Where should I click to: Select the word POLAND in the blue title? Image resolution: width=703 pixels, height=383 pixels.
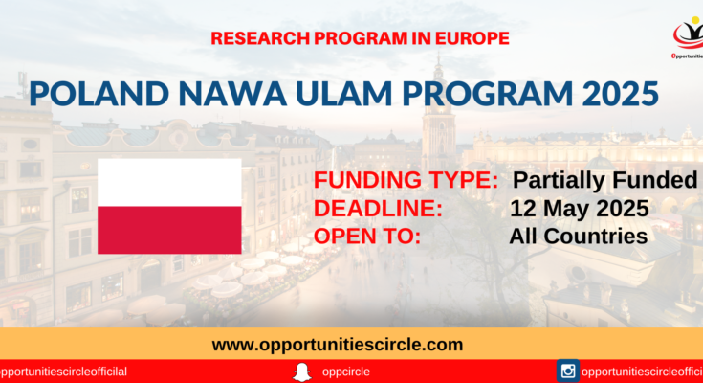[99, 94]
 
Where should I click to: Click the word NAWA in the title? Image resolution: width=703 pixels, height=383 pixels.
[232, 94]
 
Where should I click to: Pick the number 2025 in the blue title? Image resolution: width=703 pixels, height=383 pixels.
[621, 94]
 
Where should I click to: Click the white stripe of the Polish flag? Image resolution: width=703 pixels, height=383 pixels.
[169, 183]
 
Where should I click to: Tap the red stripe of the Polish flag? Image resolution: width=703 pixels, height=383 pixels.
[169, 230]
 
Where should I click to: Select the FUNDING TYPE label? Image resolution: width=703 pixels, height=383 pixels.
[406, 181]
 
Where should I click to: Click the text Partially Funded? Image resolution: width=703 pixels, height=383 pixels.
[604, 181]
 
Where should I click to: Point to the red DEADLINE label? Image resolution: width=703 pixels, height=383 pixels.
[378, 209]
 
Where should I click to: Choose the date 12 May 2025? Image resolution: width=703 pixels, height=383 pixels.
[580, 209]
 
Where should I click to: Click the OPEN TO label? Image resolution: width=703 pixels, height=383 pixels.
[367, 237]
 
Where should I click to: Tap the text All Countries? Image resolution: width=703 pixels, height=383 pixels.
[579, 237]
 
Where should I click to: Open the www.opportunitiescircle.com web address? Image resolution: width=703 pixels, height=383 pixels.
[338, 345]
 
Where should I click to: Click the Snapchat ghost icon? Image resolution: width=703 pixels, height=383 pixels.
[302, 372]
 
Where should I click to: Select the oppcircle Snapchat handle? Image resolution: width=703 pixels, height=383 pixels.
[346, 372]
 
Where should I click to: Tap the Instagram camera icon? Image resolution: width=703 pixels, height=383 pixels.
[568, 371]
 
